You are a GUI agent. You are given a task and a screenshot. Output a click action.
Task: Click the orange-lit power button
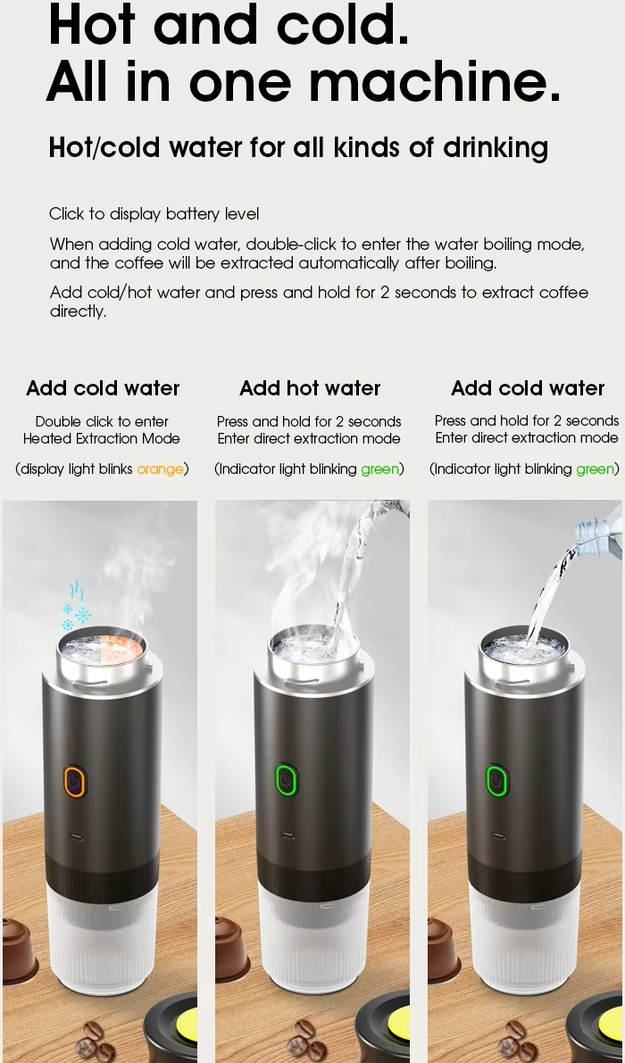[75, 781]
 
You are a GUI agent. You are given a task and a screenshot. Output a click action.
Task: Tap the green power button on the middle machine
[287, 780]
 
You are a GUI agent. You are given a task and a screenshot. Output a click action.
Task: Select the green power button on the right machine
[497, 780]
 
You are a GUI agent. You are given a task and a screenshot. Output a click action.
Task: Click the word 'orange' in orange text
[160, 469]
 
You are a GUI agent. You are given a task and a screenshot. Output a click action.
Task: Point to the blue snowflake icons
[76, 605]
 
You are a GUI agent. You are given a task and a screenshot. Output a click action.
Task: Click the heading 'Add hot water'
[310, 387]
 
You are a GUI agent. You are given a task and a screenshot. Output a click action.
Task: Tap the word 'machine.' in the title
[435, 80]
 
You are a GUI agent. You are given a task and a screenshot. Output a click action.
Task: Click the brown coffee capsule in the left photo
[19, 949]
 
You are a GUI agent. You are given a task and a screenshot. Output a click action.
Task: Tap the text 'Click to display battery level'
[154, 214]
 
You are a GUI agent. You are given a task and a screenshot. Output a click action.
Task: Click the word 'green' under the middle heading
[379, 469]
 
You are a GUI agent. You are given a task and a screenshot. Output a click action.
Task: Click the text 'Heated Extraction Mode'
[102, 438]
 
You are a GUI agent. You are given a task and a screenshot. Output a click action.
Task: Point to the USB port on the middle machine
[287, 835]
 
